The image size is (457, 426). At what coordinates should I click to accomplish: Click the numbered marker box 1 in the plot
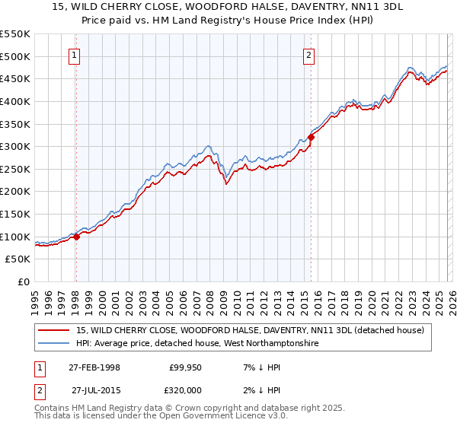click(75, 54)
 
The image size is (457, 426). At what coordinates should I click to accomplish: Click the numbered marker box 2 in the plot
click(309, 54)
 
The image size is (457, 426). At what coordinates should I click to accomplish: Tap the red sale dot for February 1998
click(76, 237)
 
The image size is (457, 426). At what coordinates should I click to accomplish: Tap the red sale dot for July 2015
click(311, 138)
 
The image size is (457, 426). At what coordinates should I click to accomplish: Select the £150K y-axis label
click(15, 214)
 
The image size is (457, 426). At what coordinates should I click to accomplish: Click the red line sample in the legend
click(55, 330)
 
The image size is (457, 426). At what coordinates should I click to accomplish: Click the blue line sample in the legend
click(55, 344)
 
